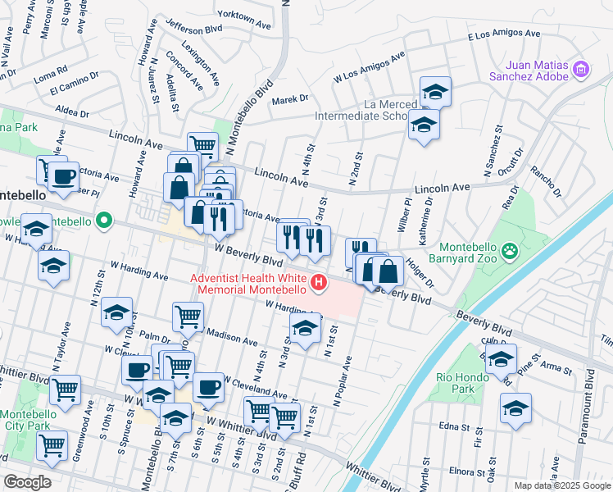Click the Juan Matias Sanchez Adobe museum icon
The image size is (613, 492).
point(582,68)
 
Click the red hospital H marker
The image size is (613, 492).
point(317,284)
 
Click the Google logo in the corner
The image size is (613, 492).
point(28,482)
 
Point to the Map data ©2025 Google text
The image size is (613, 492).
point(561,485)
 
